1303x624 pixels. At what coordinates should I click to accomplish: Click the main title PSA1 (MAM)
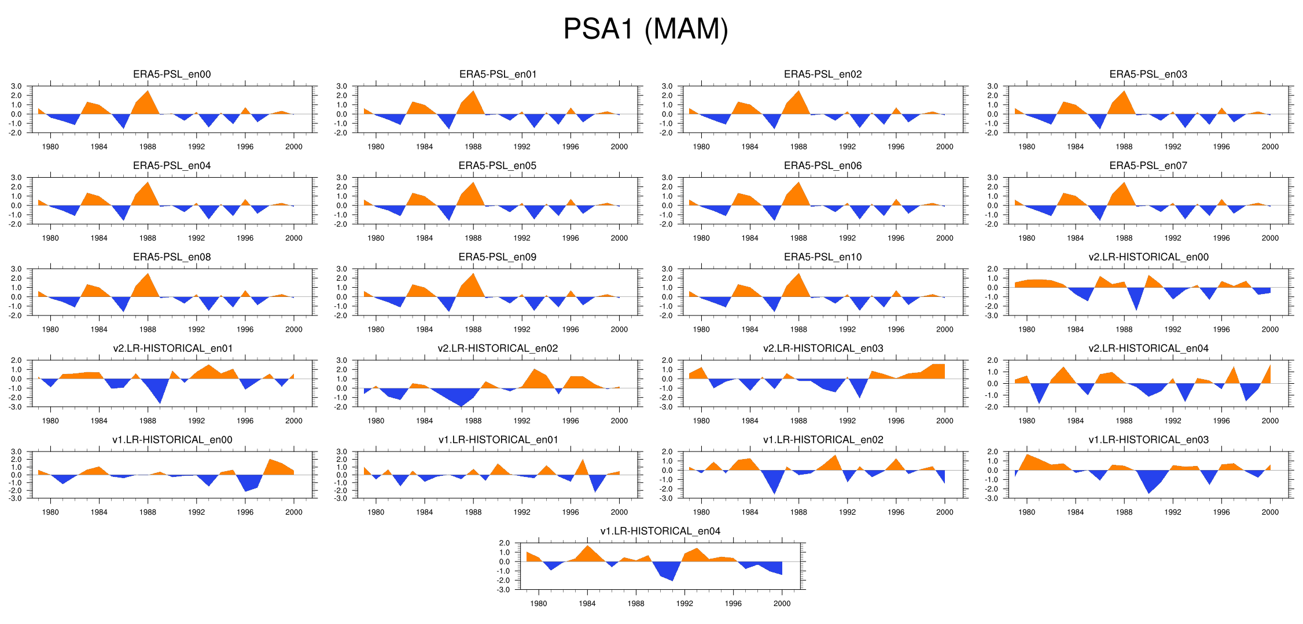point(645,29)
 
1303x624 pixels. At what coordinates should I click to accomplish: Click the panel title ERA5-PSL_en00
point(172,74)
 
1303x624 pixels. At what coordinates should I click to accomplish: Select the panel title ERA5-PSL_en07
point(1148,166)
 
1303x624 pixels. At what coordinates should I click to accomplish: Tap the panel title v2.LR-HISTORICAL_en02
point(498,348)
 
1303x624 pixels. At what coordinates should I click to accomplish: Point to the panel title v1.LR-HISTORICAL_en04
point(660,531)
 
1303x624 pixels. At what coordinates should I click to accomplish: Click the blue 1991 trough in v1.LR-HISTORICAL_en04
point(672,579)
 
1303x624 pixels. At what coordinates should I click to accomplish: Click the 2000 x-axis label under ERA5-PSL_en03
point(1270,147)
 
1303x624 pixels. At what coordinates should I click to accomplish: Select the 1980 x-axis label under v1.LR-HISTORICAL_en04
point(538,604)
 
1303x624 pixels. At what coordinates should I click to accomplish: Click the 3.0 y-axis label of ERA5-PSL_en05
point(341,178)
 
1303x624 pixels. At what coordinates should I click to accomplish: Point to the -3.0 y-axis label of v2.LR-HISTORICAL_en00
point(992,315)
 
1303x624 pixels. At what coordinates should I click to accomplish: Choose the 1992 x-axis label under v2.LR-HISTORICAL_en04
point(1173,421)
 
